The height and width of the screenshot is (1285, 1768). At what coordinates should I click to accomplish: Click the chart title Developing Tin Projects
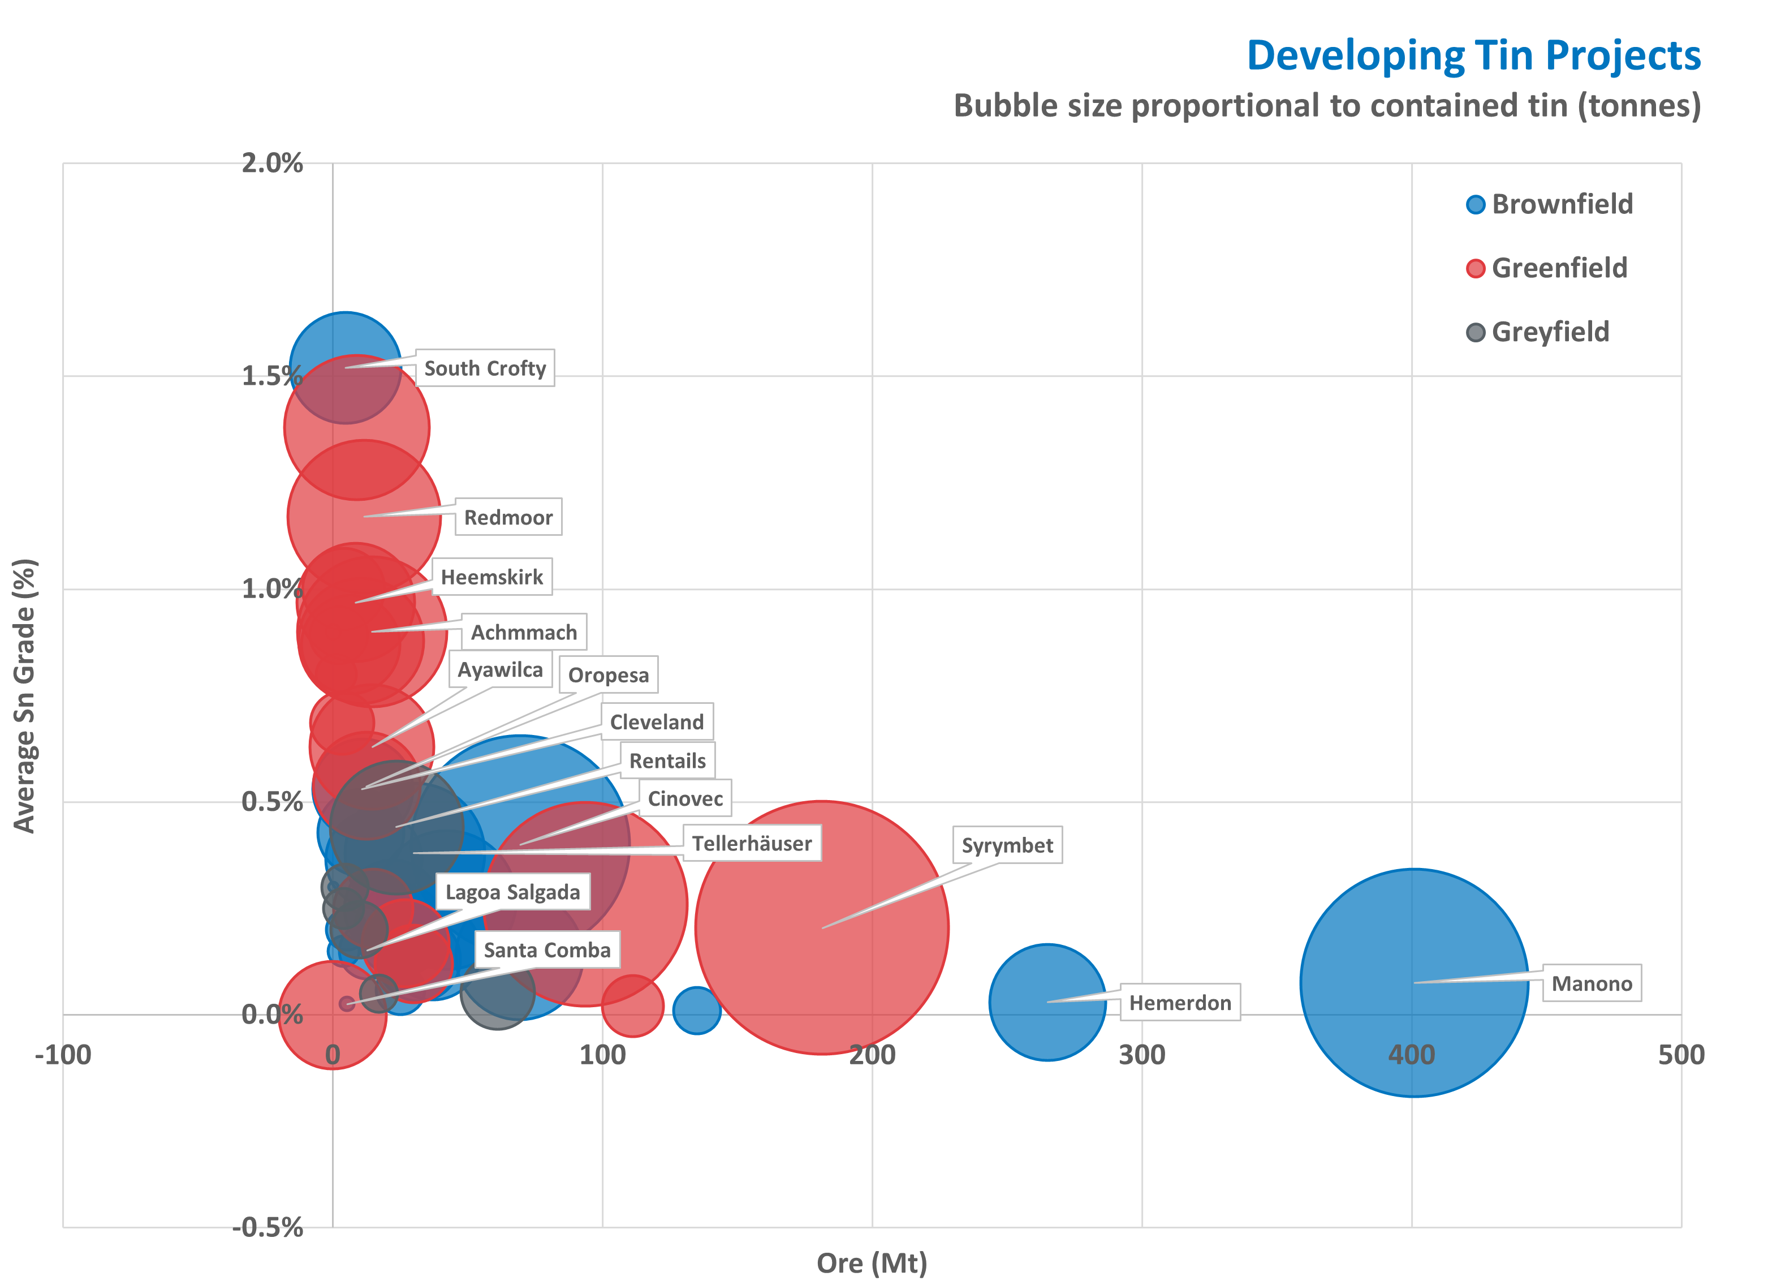pos(1473,56)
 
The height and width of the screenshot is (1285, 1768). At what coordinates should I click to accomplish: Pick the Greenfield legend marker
pos(1475,268)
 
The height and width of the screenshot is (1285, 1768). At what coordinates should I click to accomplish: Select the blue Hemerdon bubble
pos(1047,1002)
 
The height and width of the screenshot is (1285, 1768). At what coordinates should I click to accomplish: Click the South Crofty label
pos(484,368)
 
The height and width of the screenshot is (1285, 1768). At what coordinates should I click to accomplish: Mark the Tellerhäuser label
pos(752,844)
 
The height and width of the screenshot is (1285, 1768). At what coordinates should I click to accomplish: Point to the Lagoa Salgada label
pos(512,892)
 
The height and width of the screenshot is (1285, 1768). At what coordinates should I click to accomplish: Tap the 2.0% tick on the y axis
pos(271,164)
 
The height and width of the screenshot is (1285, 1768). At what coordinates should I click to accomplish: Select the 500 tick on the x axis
pos(1681,1055)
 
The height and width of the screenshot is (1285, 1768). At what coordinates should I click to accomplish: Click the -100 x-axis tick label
pos(63,1055)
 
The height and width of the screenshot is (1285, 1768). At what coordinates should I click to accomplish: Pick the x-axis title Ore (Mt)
pos(872,1262)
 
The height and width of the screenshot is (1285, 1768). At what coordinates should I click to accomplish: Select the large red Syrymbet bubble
pos(822,928)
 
